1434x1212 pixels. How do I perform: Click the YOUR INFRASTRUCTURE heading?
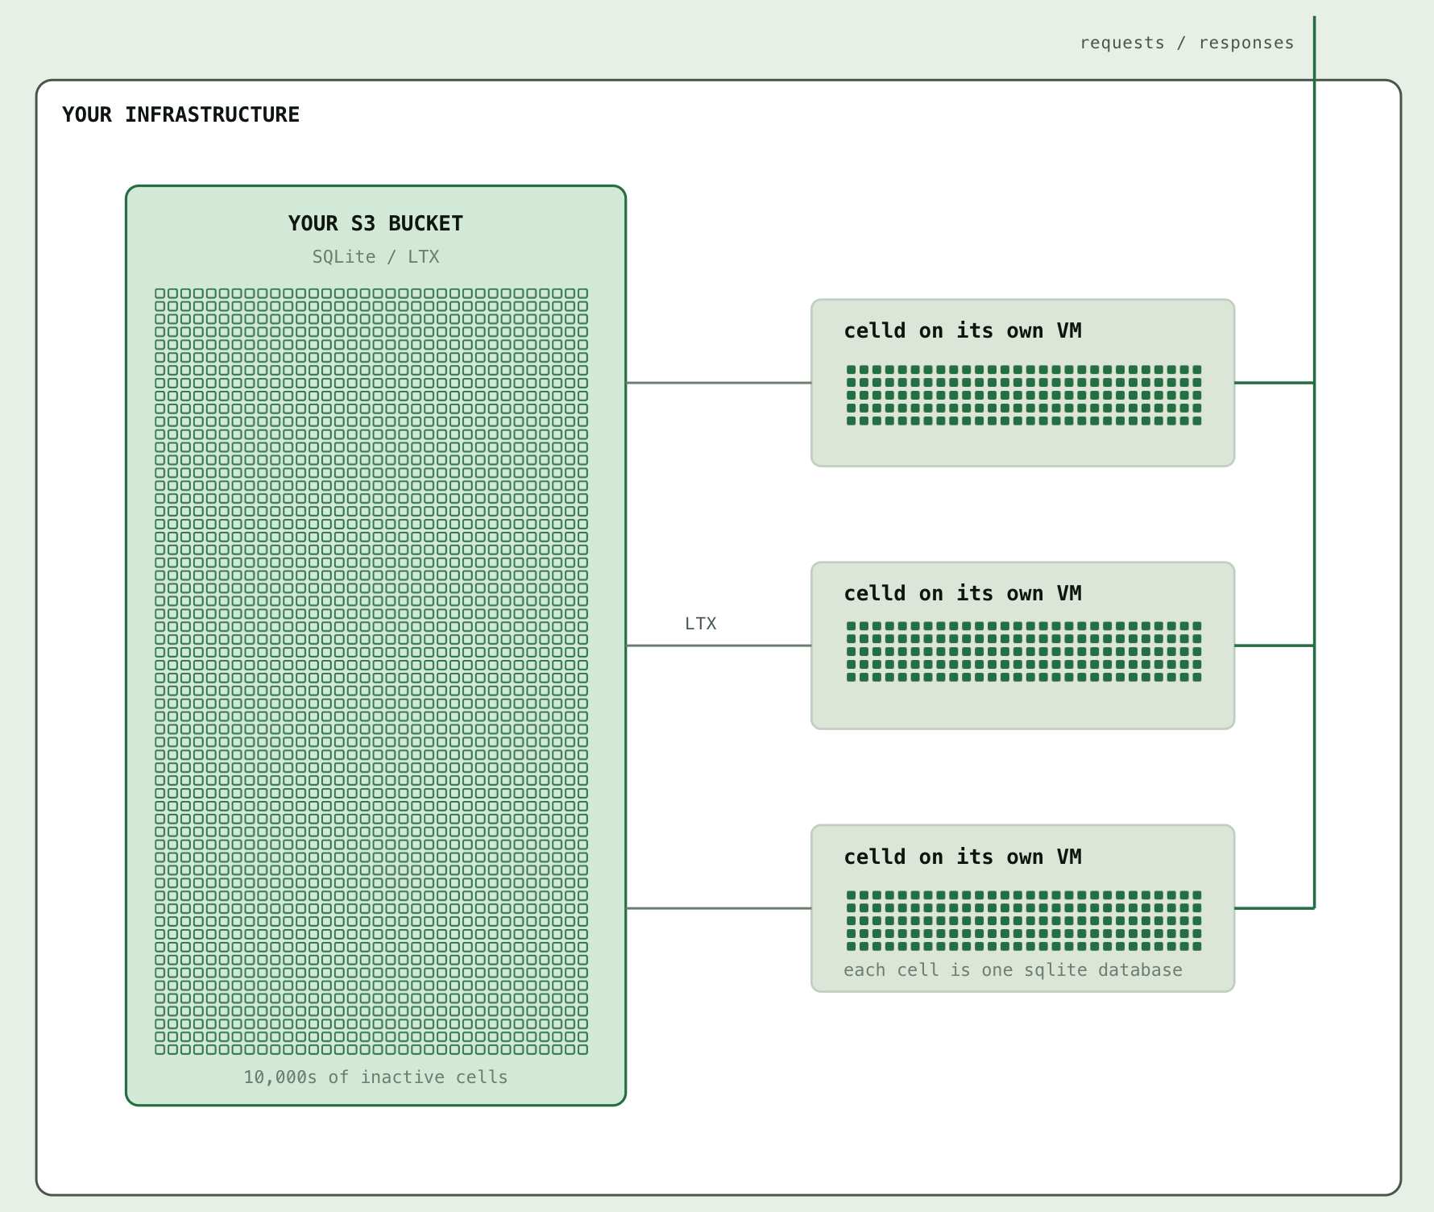coord(180,114)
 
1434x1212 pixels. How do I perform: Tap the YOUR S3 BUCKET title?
coord(375,223)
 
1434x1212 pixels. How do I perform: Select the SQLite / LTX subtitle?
coord(375,256)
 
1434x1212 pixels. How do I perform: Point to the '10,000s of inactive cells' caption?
coord(375,1077)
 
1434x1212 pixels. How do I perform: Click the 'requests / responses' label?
coord(1187,43)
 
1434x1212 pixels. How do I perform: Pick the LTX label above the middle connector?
coord(700,623)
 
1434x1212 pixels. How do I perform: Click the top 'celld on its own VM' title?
coord(963,330)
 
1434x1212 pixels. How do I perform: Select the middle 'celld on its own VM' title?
coord(963,593)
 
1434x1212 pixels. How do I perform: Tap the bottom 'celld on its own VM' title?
coord(963,857)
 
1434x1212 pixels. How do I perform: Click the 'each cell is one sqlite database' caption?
coord(1013,970)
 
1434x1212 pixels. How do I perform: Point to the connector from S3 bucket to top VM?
coord(719,383)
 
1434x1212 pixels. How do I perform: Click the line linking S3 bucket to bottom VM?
coord(719,908)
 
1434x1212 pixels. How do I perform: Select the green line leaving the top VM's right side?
coord(1274,383)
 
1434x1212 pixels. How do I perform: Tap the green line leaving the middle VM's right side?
coord(1274,645)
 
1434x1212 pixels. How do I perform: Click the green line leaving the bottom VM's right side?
coord(1274,908)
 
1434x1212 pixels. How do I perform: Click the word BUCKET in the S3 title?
coord(425,223)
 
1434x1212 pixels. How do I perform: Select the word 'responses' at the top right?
coord(1246,43)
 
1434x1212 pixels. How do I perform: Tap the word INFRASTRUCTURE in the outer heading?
coord(212,114)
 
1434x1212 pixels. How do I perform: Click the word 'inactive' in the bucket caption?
coord(402,1077)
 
